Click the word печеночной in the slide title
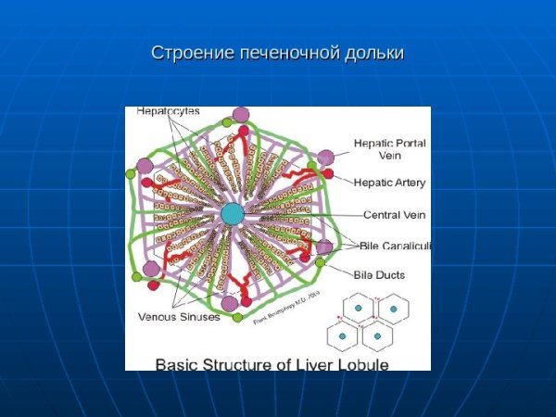(x=284, y=53)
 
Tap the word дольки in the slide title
(x=374, y=53)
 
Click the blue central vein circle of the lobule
(x=232, y=214)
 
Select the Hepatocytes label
(x=168, y=111)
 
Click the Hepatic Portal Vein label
(x=388, y=149)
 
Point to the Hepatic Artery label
(x=390, y=183)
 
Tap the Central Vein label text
(x=394, y=215)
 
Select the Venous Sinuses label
(x=179, y=317)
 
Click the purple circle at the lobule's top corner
(x=240, y=115)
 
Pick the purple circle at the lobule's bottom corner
(x=230, y=303)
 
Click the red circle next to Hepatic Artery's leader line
(x=328, y=173)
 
